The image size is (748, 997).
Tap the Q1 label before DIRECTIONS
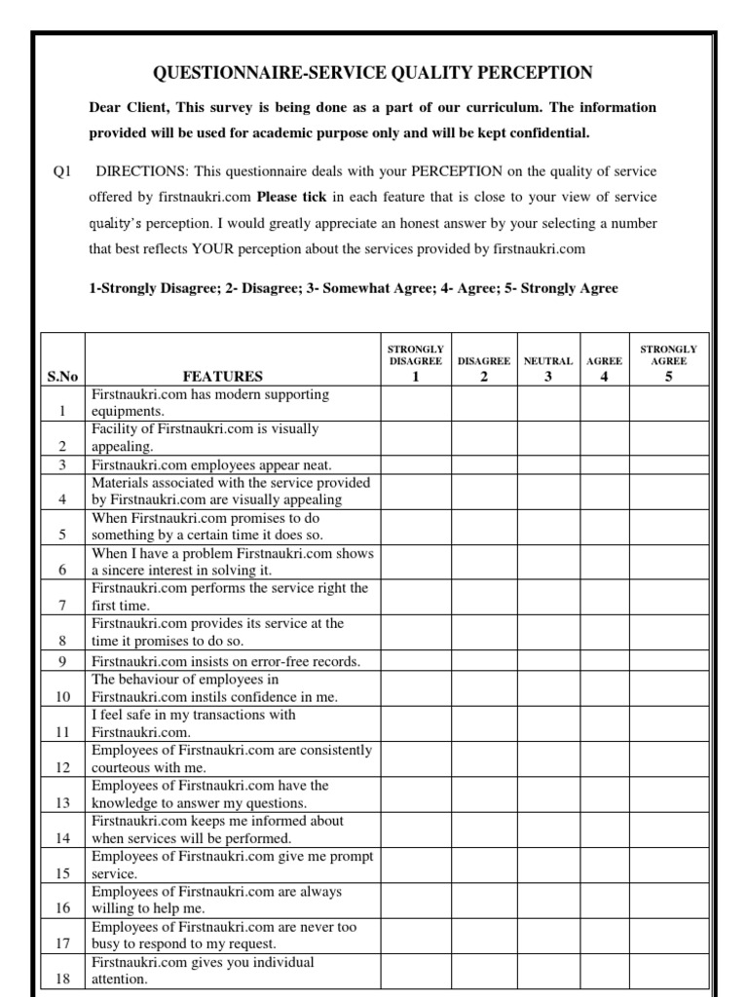[63, 171]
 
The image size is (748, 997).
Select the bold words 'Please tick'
[291, 197]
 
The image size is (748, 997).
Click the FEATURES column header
[222, 377]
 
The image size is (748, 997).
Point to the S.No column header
[62, 377]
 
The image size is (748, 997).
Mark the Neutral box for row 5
[548, 527]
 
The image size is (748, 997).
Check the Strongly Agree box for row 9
[668, 661]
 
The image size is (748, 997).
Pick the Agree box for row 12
[605, 759]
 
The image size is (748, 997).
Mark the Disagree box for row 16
[484, 900]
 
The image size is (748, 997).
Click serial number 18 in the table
[62, 979]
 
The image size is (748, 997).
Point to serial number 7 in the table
[62, 605]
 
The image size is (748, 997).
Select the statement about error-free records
[225, 661]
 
